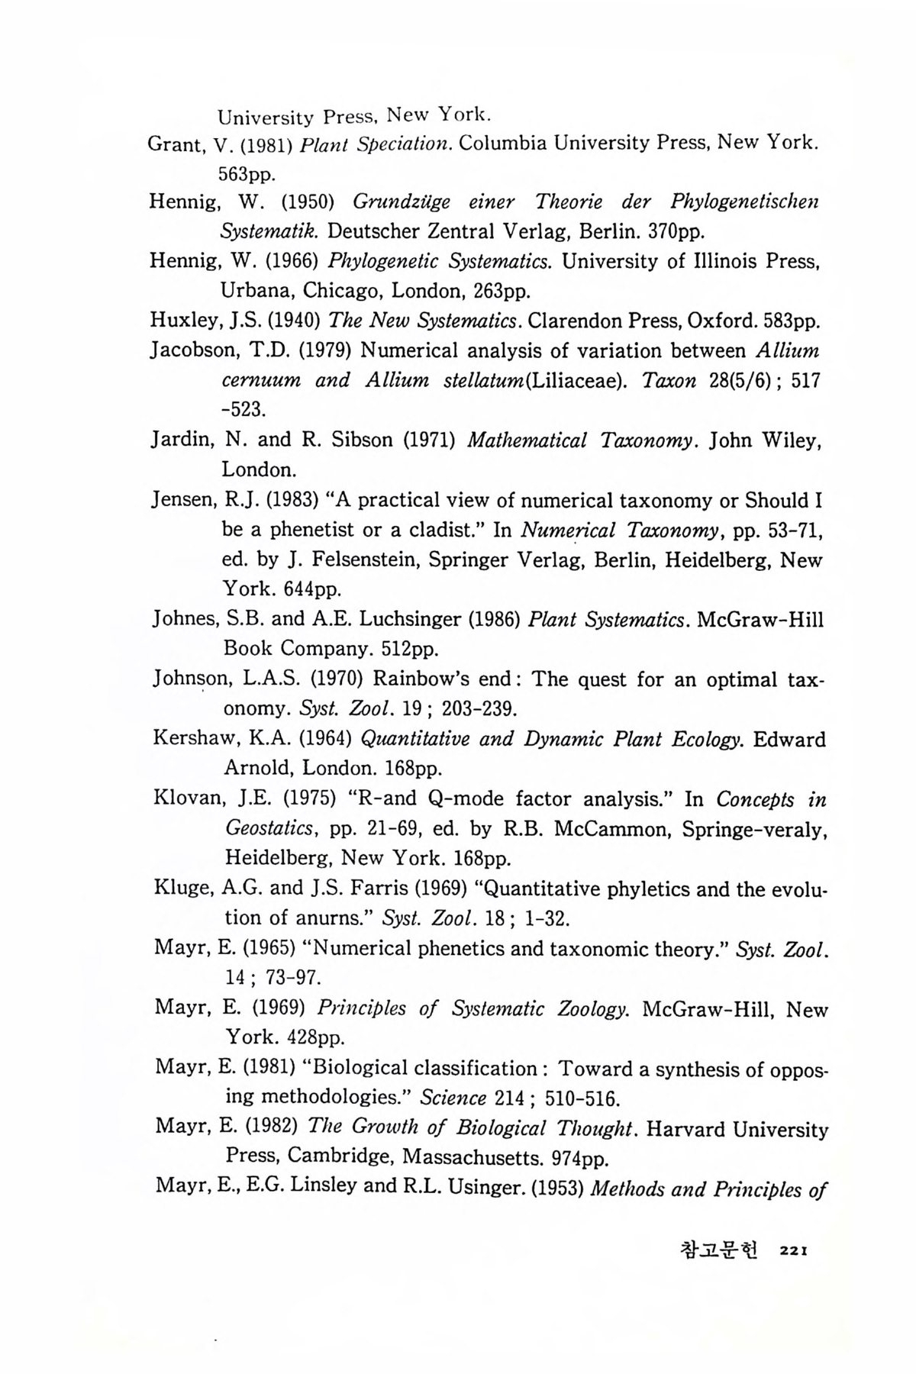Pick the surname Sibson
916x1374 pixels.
pos(363,440)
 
